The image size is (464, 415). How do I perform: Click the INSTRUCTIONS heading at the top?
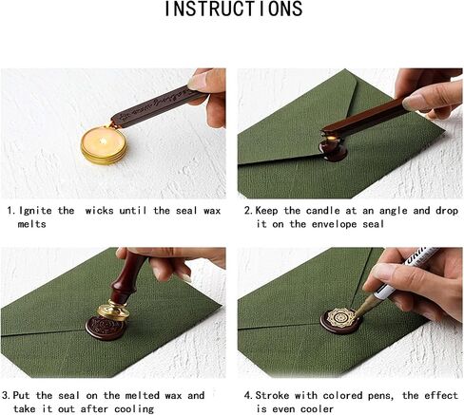coord(234,9)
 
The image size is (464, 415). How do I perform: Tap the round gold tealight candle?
coord(104,145)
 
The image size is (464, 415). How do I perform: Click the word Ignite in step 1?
coord(35,211)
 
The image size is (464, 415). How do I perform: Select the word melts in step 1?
coord(31,224)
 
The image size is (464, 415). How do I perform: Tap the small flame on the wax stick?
coord(332,137)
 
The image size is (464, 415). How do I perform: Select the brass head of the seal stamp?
coord(112,311)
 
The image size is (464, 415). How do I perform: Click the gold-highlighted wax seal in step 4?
coord(341,321)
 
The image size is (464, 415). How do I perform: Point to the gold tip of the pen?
coord(363,308)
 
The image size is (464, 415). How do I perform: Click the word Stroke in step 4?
coord(272,395)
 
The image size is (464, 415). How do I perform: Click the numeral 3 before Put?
coord(6,395)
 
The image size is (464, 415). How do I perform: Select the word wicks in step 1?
coord(100,211)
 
